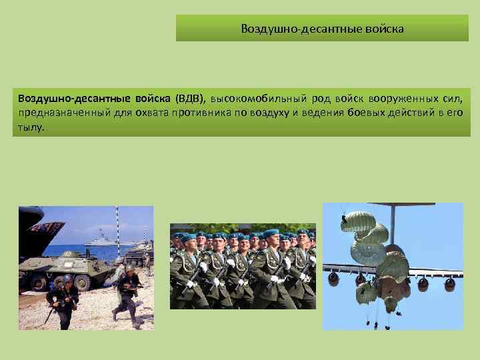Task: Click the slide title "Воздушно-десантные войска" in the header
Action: point(322,29)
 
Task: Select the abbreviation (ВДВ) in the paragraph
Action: point(190,99)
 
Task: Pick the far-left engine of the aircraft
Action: point(333,278)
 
